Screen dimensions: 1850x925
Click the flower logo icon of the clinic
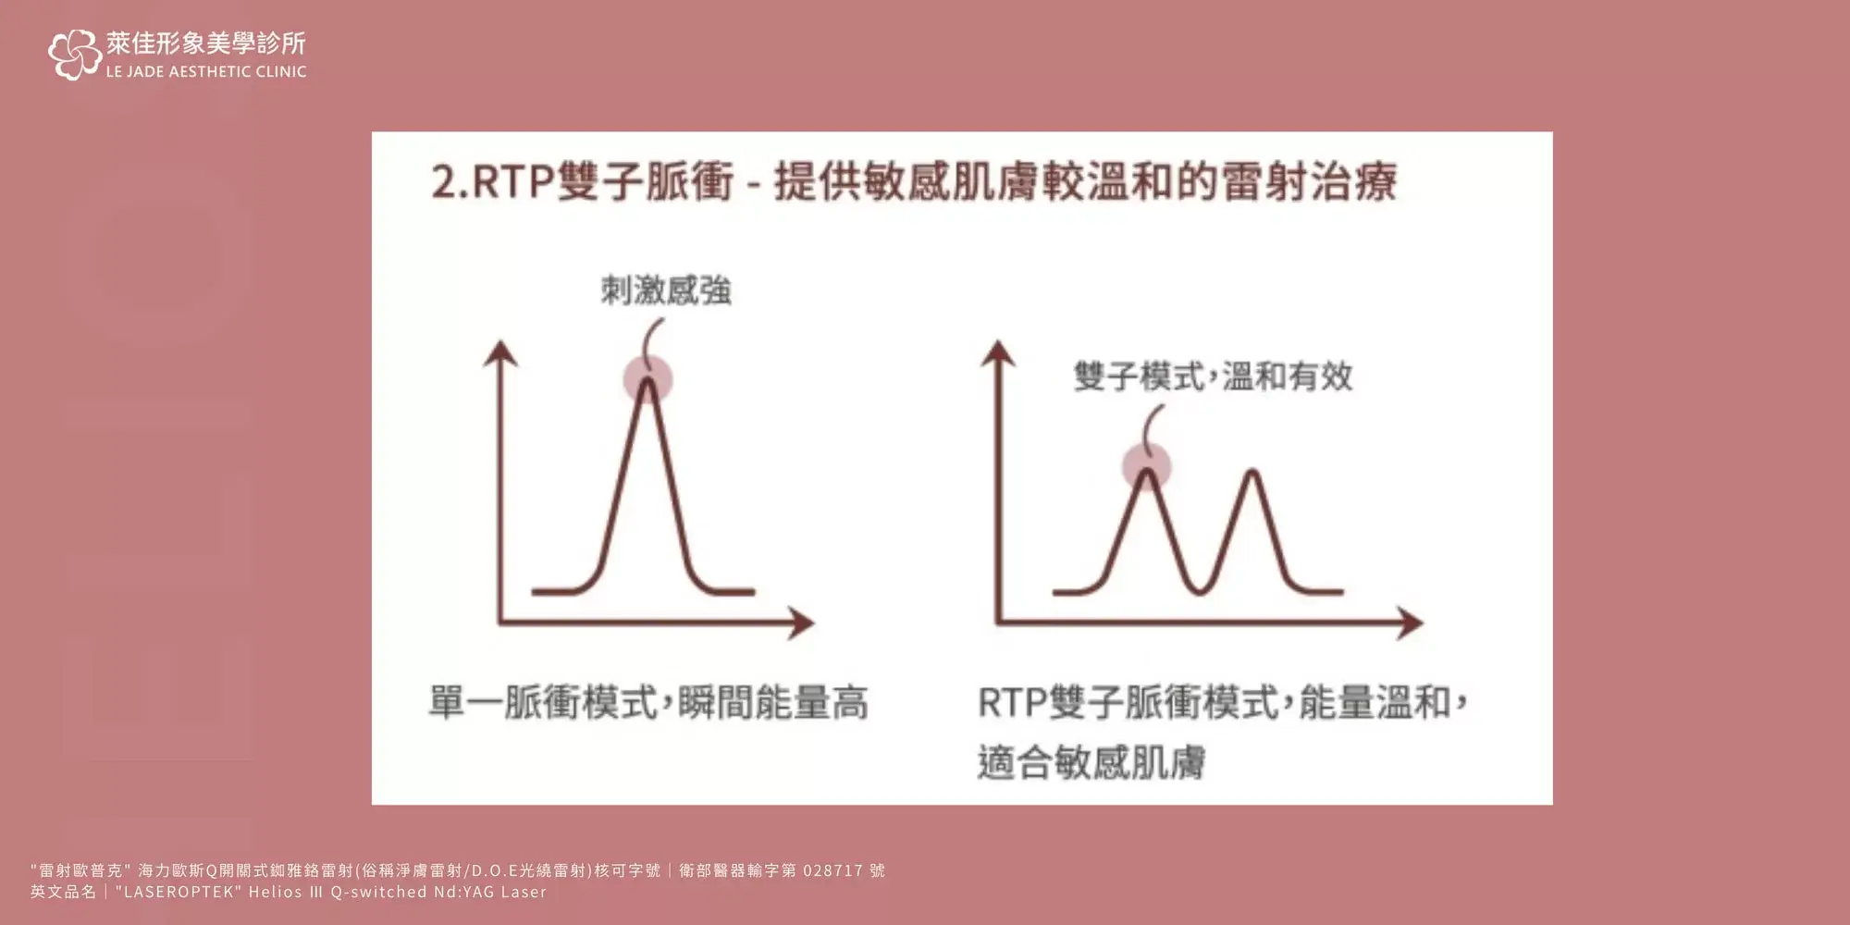pyautogui.click(x=74, y=55)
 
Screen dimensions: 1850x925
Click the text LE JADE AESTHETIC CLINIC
pyautogui.click(x=206, y=71)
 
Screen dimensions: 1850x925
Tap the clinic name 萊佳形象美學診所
pyautogui.click(x=205, y=43)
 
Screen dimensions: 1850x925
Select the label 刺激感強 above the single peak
pyautogui.click(x=666, y=290)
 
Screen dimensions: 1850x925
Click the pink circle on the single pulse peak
pyautogui.click(x=647, y=378)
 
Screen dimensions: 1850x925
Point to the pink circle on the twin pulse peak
pyautogui.click(x=1147, y=466)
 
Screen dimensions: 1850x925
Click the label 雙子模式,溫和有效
pyautogui.click(x=1214, y=376)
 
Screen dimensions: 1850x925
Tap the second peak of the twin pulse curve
pyautogui.click(x=1252, y=474)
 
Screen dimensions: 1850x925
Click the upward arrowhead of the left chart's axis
pyautogui.click(x=500, y=353)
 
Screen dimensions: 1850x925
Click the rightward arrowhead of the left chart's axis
pyautogui.click(x=800, y=623)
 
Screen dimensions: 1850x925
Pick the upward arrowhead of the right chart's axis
pyautogui.click(x=998, y=353)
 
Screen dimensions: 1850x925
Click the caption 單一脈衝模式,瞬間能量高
pyautogui.click(x=648, y=703)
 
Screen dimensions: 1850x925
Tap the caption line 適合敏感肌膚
pyautogui.click(x=1091, y=763)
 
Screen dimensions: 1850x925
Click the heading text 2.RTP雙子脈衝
pyautogui.click(x=582, y=180)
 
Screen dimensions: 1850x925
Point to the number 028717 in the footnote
pyautogui.click(x=832, y=870)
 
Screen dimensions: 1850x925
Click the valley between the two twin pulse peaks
pyautogui.click(x=1200, y=588)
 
